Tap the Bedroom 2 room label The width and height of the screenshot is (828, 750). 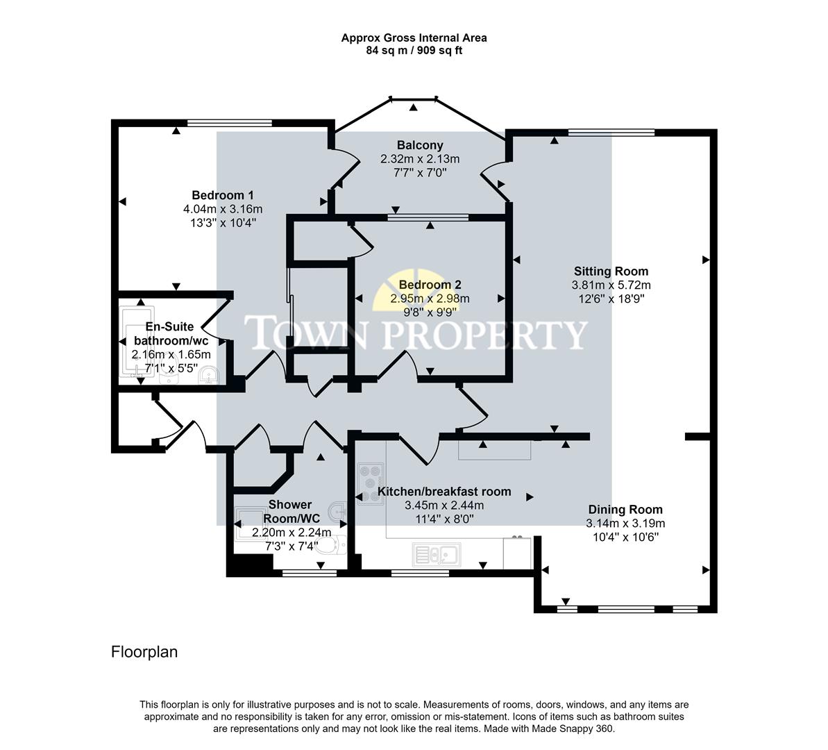click(x=430, y=285)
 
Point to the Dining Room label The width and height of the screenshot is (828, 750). click(x=625, y=510)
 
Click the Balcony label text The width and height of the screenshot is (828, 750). click(x=419, y=145)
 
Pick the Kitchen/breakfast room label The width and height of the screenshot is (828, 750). click(x=443, y=492)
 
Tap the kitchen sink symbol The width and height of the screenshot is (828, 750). click(x=434, y=554)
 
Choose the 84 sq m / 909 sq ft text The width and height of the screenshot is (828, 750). click(x=414, y=51)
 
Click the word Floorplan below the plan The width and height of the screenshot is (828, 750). click(x=144, y=652)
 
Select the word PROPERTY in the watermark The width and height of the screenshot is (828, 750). click(x=485, y=335)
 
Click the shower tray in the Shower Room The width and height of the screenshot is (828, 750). click(x=248, y=518)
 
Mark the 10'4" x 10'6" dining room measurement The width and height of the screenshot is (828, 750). click(x=625, y=537)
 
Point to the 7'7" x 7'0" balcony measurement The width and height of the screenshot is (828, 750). click(x=419, y=172)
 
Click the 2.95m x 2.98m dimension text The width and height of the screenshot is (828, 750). click(x=430, y=299)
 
